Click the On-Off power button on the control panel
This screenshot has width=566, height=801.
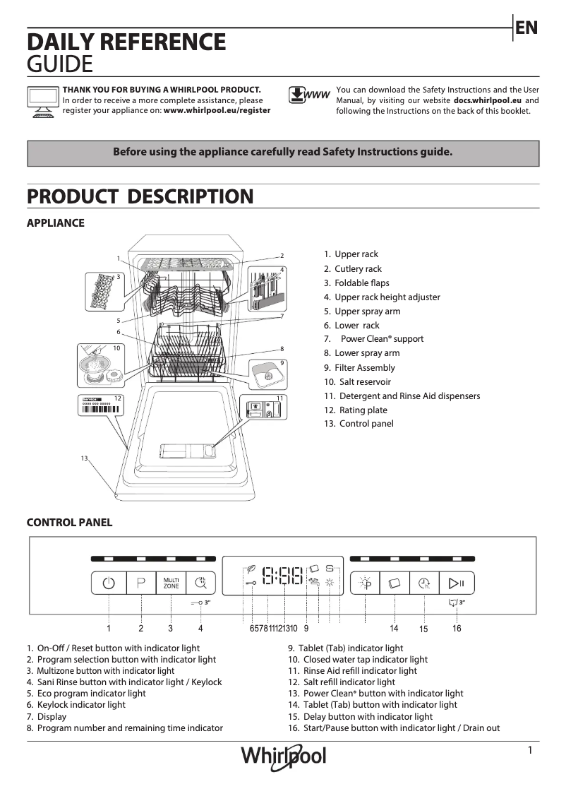108,583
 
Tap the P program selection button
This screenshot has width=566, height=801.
141,583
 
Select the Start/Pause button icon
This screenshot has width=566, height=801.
457,583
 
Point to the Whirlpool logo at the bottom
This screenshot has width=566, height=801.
284,756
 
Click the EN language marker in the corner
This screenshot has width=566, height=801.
526,28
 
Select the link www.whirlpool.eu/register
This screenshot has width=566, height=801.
217,110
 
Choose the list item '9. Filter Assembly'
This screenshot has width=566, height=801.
359,367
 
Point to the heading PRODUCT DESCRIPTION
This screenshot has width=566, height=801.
140,196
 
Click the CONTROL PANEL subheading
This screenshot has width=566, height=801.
69,523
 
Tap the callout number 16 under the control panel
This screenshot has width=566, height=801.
457,628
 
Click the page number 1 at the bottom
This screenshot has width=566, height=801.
529,751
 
